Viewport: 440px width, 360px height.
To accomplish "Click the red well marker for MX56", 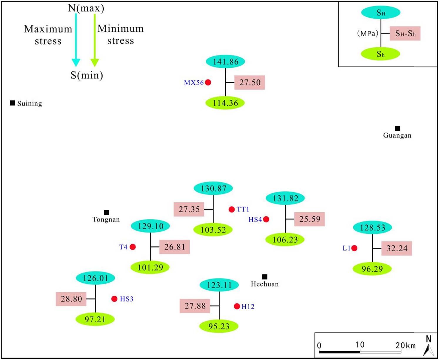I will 208,82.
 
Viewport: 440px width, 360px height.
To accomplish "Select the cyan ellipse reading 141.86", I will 225,62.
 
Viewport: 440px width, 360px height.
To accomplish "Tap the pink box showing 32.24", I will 397,248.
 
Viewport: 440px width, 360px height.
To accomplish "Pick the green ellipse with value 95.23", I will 219,326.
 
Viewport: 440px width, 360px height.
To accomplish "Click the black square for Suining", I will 12,103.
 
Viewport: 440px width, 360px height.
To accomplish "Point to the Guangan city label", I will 397,136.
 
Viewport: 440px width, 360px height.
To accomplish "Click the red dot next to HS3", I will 114,299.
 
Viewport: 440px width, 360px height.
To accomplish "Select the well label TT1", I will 243,209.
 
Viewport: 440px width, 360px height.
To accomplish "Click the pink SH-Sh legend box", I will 405,34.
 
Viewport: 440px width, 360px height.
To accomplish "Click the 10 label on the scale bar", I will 359,344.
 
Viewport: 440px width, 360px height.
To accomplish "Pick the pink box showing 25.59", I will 309,219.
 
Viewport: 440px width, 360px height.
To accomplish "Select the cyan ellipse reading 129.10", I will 150,226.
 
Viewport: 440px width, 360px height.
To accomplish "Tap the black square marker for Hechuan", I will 265,277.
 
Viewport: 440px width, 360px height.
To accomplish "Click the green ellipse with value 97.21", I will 95,319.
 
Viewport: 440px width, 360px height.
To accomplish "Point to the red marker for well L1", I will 354,248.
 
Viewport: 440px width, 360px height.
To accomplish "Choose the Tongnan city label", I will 106,219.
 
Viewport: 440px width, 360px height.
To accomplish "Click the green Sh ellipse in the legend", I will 380,54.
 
